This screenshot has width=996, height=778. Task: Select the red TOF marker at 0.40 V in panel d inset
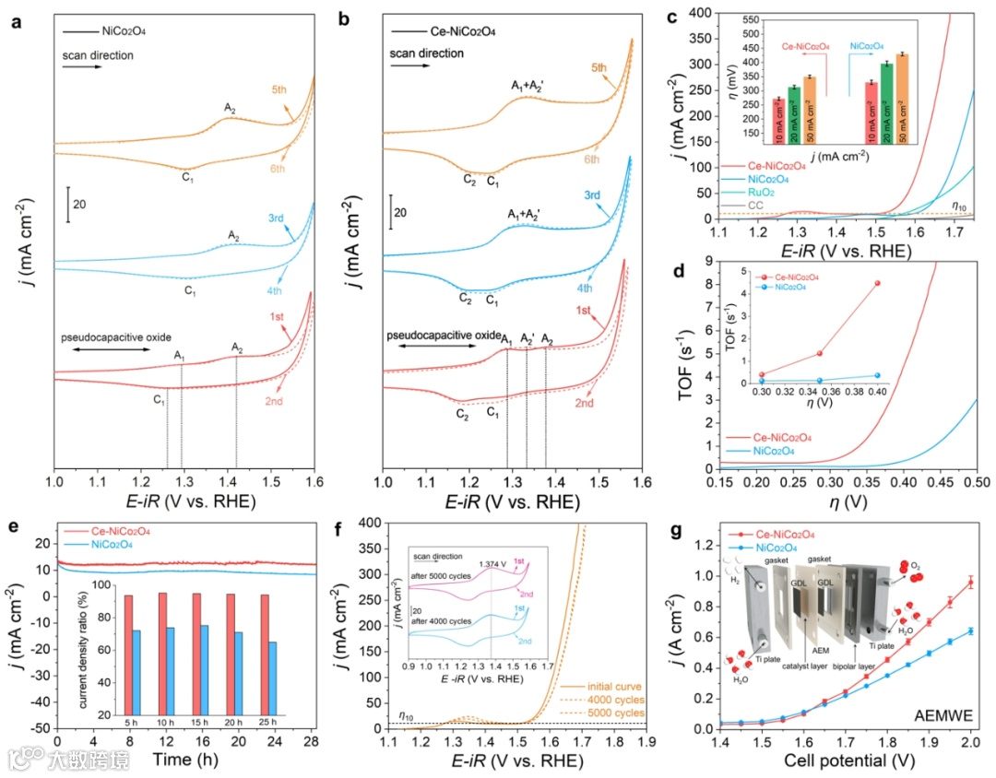pos(877,283)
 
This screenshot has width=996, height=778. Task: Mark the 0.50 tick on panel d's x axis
pos(975,482)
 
